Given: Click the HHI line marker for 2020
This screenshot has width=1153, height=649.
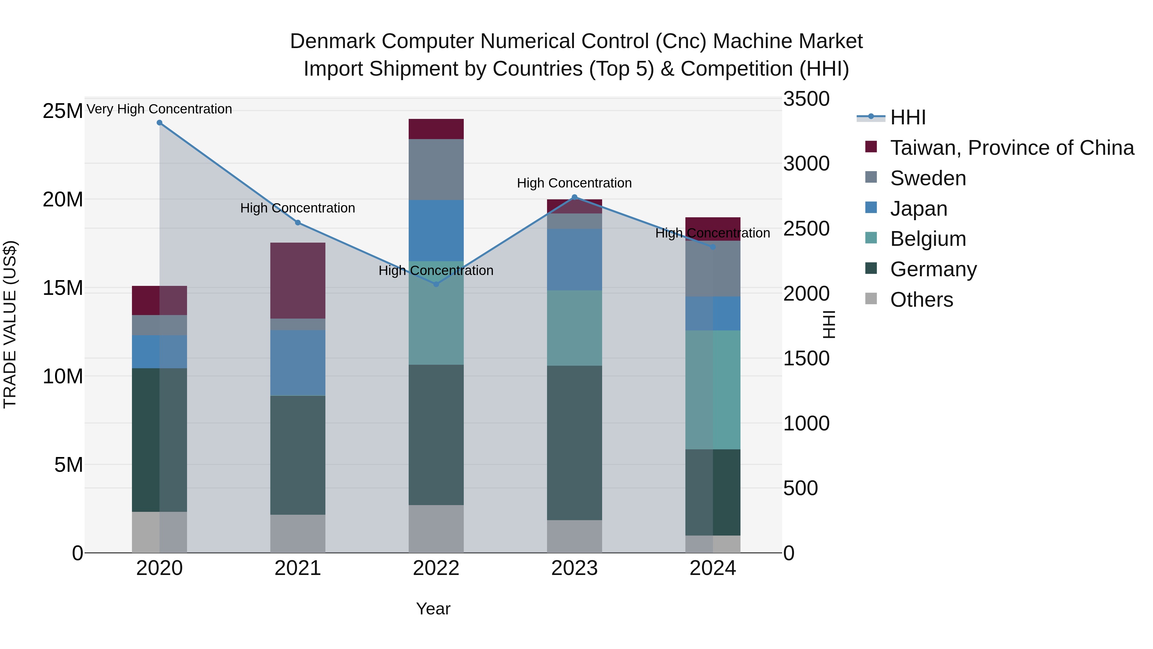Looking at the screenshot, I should (x=159, y=123).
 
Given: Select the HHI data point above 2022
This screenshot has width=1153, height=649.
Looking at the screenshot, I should (x=437, y=284).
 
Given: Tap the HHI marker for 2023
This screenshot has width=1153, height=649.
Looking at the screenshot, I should (x=575, y=197).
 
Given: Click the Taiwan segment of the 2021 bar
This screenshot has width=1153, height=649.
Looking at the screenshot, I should (x=298, y=280).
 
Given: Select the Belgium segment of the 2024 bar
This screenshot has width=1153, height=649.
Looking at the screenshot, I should (x=713, y=390).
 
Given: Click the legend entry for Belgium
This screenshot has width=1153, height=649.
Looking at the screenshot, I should (x=928, y=239).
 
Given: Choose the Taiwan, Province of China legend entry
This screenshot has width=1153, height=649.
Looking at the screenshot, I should (x=1011, y=148).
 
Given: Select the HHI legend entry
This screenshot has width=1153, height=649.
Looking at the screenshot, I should (x=907, y=117).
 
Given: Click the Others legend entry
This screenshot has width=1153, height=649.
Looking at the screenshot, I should (x=921, y=300).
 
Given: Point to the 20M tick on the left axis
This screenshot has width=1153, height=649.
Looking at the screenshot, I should (x=63, y=199).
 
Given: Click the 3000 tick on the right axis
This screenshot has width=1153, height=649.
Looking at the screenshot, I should (x=806, y=163).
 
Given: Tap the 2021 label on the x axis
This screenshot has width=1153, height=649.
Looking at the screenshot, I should (x=298, y=568).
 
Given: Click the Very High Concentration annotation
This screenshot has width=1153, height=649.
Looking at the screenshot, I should (x=159, y=109).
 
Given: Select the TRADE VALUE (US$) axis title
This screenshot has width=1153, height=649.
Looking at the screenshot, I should (x=10, y=324).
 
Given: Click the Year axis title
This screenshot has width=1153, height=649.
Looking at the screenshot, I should (x=433, y=609).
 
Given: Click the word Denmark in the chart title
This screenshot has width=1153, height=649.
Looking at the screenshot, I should (x=332, y=41).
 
